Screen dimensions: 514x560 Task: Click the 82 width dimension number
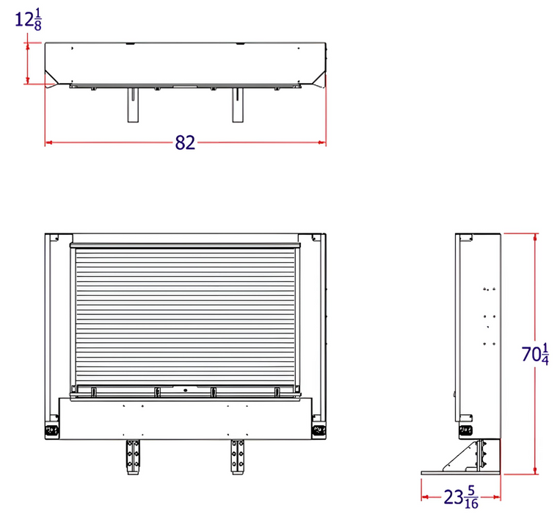coord(185,143)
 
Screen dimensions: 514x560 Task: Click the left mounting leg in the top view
coord(132,105)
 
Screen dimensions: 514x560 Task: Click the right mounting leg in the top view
coord(238,105)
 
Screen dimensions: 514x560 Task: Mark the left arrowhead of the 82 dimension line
coord(48,143)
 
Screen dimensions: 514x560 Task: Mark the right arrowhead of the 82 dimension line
coord(323,143)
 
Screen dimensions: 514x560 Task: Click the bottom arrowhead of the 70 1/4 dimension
coord(535,470)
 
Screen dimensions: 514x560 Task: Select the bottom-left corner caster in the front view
coord(51,429)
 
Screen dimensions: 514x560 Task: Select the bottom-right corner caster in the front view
coord(319,429)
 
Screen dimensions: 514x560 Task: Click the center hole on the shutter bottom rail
coord(186,390)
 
